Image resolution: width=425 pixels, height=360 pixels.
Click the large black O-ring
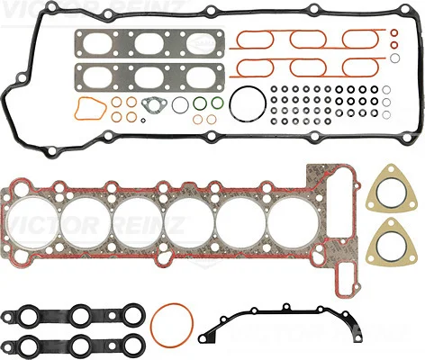point(231,103)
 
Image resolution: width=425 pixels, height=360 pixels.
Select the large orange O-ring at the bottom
point(152,326)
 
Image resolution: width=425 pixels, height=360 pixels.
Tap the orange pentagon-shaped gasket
point(77,109)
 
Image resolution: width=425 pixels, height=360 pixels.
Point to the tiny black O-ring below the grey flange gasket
point(143,121)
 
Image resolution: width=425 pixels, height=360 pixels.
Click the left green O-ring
point(194,103)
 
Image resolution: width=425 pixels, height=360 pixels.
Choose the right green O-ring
point(212,103)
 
